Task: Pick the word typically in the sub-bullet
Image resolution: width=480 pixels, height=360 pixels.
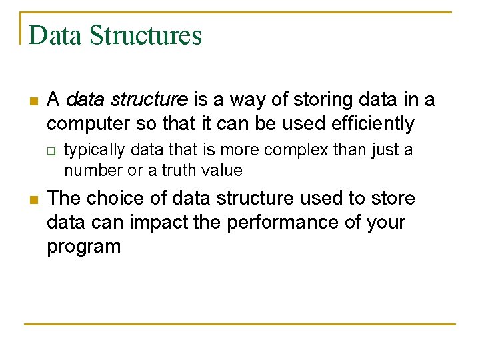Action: (x=91, y=151)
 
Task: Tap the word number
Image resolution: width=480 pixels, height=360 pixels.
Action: (x=93, y=171)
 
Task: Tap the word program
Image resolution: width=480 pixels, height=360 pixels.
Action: (x=83, y=247)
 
